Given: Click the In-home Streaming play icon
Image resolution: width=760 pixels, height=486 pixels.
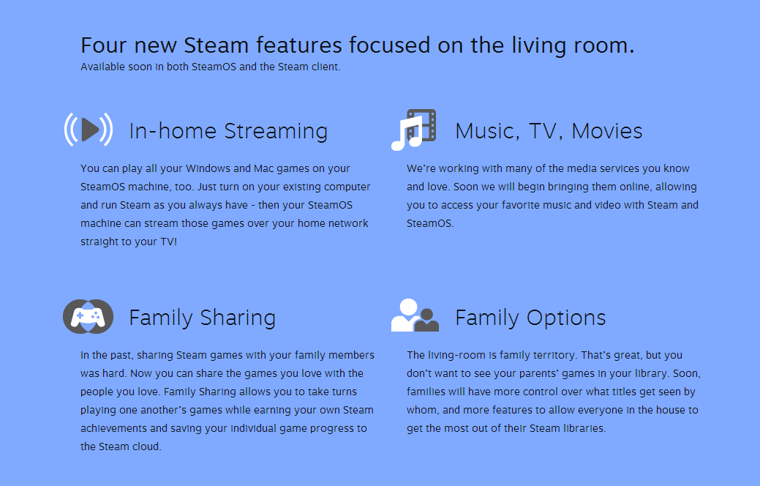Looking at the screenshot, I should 89,130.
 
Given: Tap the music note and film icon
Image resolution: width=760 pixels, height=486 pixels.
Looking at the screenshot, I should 414,130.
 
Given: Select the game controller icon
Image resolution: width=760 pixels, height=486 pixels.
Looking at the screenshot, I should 88,317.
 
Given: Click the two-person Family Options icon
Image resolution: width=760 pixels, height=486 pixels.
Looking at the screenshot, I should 415,316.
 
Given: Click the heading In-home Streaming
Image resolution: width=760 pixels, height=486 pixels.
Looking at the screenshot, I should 228,131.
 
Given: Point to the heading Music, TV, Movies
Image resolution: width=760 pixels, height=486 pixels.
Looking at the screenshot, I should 549,131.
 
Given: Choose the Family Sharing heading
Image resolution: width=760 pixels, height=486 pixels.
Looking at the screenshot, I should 202,318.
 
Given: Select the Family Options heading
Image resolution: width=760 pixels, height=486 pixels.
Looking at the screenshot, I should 530,318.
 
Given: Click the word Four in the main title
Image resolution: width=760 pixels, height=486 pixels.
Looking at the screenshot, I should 103,45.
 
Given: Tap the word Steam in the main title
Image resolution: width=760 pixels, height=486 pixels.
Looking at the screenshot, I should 217,45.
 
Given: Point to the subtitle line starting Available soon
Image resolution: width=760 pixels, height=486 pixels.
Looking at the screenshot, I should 211,67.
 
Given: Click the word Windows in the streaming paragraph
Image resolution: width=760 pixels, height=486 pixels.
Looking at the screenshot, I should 209,168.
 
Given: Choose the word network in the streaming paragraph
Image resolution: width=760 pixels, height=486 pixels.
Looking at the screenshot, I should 344,223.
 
